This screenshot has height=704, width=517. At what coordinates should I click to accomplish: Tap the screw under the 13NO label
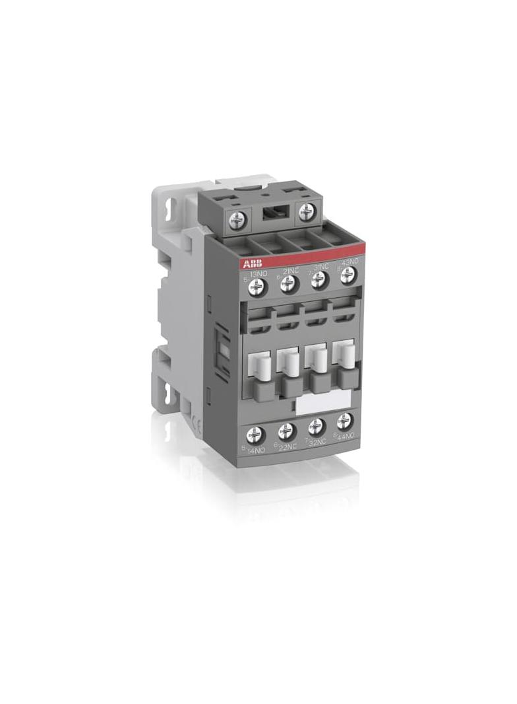pyautogui.click(x=257, y=285)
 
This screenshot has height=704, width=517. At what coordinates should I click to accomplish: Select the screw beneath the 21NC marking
pyautogui.click(x=288, y=284)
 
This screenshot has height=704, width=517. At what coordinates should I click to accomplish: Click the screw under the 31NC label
pyautogui.click(x=319, y=282)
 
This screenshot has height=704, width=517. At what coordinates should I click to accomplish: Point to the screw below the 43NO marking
pyautogui.click(x=348, y=277)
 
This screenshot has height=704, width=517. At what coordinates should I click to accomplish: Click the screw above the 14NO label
pyautogui.click(x=255, y=435)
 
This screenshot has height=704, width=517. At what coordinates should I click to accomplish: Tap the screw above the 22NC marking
pyautogui.click(x=286, y=432)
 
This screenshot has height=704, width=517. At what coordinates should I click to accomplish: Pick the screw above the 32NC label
pyautogui.click(x=316, y=427)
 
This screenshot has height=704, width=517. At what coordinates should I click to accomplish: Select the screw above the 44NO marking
pyautogui.click(x=344, y=421)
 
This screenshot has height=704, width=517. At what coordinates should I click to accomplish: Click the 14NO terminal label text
pyautogui.click(x=256, y=452)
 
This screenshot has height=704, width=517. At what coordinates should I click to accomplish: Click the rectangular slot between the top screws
pyautogui.click(x=270, y=213)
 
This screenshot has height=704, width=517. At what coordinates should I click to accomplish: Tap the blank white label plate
pyautogui.click(x=323, y=402)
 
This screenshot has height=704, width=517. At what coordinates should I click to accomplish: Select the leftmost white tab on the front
pyautogui.click(x=256, y=364)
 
